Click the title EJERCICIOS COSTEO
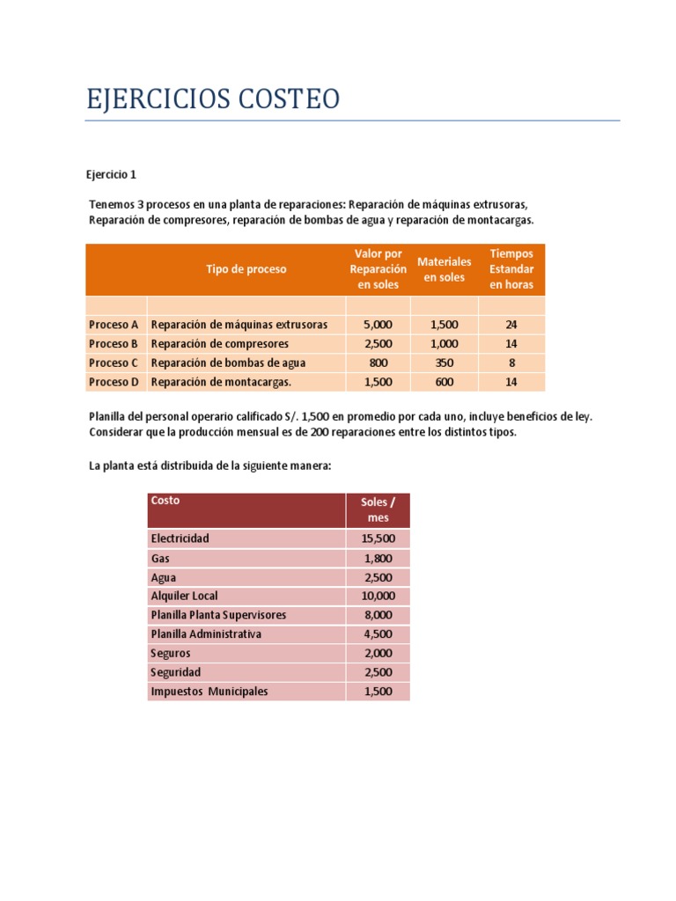(212, 99)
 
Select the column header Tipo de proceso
(246, 269)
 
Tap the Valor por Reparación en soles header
(378, 269)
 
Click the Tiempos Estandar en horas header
(511, 269)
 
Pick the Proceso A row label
(114, 325)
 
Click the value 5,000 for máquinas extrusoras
(378, 325)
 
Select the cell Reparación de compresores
(220, 344)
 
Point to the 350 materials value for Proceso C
(445, 363)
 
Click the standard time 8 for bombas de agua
(511, 363)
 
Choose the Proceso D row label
(114, 382)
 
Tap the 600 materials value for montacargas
(445, 382)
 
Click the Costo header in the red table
(165, 501)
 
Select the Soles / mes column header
(378, 509)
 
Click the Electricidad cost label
(180, 538)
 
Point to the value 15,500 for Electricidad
(378, 538)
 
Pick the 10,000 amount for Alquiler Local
(378, 596)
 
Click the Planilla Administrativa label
(206, 634)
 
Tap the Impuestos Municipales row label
(209, 692)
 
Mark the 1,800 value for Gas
(378, 558)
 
